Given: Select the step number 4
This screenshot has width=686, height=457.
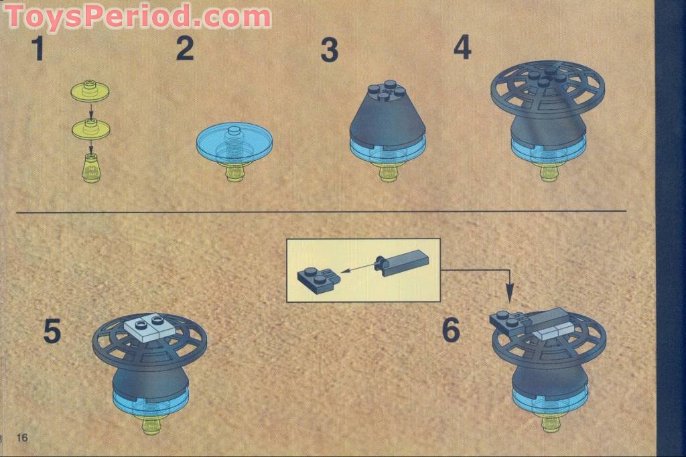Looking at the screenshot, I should (462, 46).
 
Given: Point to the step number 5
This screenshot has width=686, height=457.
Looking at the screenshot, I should (52, 332).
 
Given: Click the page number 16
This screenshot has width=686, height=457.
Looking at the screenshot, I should (22, 438).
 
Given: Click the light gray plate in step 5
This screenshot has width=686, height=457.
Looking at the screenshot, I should (151, 328).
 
